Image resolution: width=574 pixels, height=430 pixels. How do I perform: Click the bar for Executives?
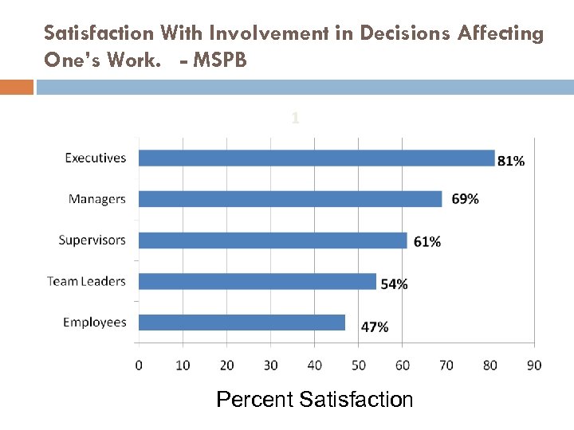tap(316, 158)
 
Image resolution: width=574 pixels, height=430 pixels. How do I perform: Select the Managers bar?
tap(290, 199)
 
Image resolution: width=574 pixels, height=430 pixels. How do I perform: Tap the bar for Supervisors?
tap(273, 240)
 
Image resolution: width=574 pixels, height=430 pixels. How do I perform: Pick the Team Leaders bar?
tap(258, 281)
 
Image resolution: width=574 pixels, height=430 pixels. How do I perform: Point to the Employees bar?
tap(242, 322)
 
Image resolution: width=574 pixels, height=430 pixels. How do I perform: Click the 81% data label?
tap(511, 161)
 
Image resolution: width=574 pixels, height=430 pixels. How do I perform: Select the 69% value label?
tap(465, 199)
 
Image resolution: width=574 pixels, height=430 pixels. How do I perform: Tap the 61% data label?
tap(427, 241)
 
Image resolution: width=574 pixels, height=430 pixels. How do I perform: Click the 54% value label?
tap(394, 283)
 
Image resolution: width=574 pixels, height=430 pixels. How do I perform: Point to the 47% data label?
tap(375, 326)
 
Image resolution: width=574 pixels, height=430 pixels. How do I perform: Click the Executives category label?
tap(95, 158)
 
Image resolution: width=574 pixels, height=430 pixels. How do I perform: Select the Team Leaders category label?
tap(86, 281)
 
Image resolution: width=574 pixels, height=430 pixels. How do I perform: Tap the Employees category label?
tap(94, 322)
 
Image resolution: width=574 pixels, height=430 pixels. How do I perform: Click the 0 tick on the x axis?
tap(139, 365)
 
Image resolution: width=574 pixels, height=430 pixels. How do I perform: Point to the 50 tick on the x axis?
tap(358, 365)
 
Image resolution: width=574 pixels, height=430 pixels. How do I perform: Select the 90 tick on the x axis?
tap(533, 365)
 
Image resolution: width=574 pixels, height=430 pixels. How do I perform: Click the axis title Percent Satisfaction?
tap(314, 399)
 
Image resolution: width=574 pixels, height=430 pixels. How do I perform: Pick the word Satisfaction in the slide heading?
tap(99, 33)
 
